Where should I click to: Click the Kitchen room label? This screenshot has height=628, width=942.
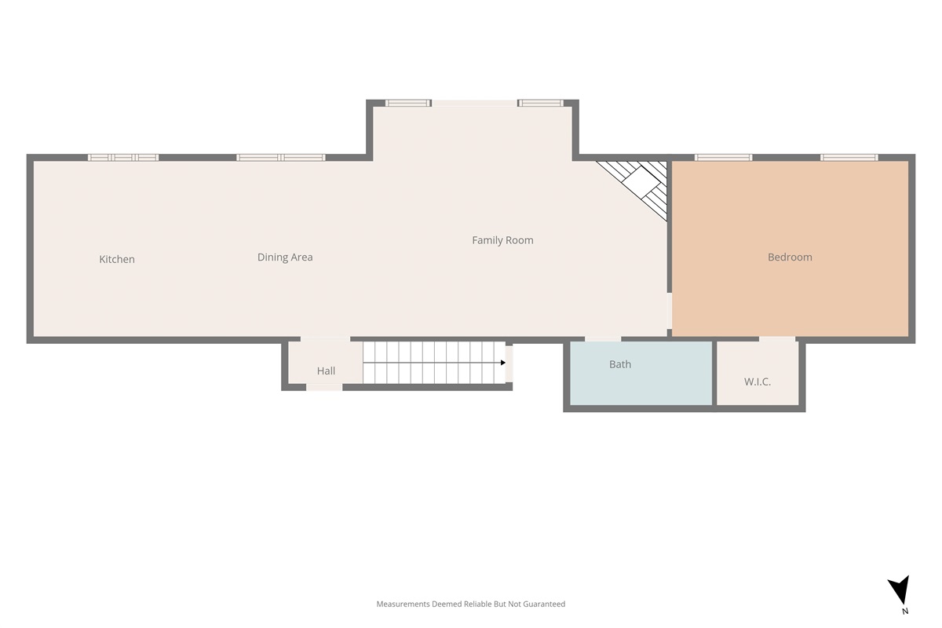point(117,259)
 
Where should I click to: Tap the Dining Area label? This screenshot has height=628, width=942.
point(285,257)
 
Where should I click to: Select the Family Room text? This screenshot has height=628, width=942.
point(502,240)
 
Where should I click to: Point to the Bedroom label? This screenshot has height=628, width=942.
point(790,257)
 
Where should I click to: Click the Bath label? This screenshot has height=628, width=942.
point(620,364)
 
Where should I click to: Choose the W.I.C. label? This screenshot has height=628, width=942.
point(758,382)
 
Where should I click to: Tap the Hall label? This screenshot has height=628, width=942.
point(326,371)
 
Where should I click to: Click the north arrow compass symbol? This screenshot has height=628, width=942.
point(900,590)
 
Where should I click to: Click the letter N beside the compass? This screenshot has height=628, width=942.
point(905,612)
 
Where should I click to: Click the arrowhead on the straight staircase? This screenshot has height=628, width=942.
point(503,363)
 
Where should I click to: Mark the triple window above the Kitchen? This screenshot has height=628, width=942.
point(123,158)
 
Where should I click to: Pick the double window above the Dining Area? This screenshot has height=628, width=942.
point(280,158)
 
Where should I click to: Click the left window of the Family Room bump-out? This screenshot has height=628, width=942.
point(408,103)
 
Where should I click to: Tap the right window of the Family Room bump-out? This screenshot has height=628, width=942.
point(540,103)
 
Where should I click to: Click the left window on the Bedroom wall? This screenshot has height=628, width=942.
point(723,158)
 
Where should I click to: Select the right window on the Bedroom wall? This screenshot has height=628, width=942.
point(849,158)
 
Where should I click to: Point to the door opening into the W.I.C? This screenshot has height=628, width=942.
point(777,339)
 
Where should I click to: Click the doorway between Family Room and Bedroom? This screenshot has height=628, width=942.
point(670,311)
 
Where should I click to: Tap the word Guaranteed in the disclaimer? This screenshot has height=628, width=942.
point(544,604)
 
